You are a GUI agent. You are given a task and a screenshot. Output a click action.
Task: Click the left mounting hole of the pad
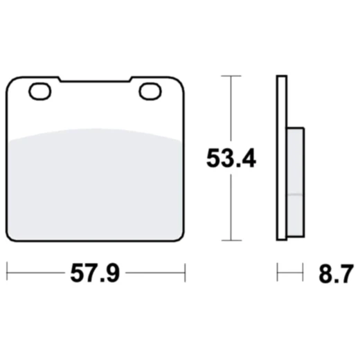tap(39, 90)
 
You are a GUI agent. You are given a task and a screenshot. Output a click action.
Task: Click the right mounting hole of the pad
tap(149, 90)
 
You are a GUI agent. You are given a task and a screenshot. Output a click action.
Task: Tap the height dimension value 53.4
tap(231, 159)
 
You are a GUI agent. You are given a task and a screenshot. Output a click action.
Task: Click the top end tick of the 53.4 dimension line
tap(231, 75)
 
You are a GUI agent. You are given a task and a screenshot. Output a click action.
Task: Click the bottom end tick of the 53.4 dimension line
tap(231, 240)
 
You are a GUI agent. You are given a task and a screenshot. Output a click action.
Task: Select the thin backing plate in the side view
tap(280, 158)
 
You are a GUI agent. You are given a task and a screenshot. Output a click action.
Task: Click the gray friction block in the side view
tap(294, 180)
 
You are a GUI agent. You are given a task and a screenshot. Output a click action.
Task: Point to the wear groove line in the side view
tap(294, 195)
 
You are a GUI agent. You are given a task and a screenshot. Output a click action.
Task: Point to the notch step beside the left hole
tap(60, 80)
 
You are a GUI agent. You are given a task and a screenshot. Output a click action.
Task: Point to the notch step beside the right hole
tap(130, 80)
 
